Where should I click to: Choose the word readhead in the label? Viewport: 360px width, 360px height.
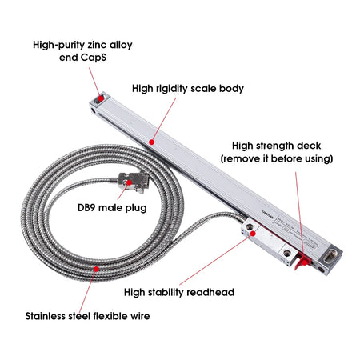[210, 292]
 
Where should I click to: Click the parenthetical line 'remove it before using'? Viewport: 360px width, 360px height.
[277, 158]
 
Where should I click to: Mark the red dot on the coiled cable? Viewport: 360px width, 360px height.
[98, 270]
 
